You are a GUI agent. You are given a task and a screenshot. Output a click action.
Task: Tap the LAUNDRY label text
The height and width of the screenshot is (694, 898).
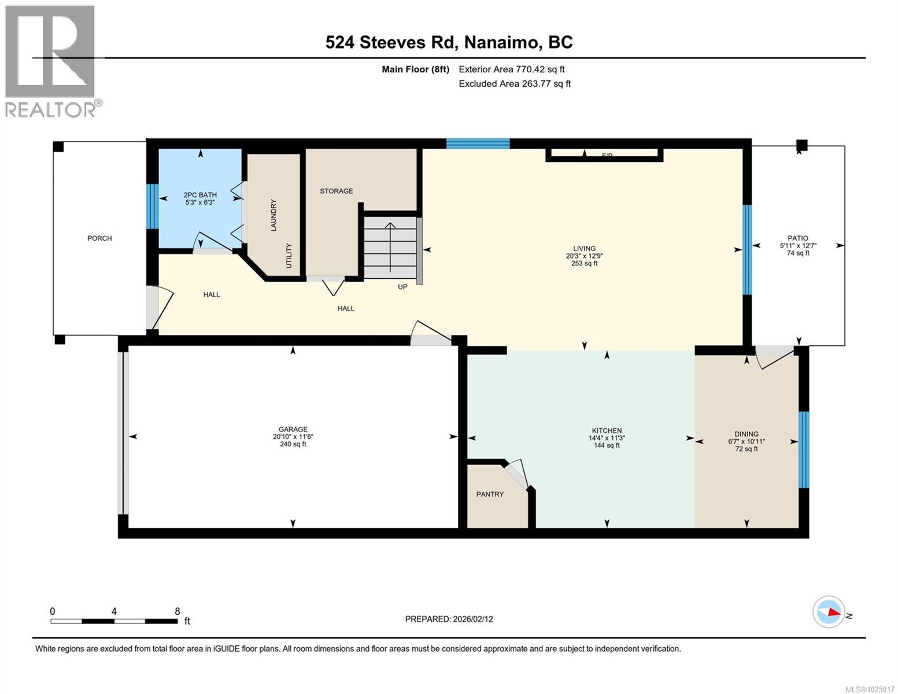274,215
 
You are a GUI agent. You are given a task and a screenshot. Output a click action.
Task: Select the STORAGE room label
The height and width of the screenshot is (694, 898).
336,191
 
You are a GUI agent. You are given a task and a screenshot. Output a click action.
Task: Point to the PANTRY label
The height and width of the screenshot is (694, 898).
490,494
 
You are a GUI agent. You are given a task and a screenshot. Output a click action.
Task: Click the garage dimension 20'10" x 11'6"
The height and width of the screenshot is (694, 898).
293,437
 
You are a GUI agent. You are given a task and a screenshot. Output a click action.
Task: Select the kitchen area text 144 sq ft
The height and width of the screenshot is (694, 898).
607,445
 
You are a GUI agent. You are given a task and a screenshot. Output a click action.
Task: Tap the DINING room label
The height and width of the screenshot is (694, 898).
747,434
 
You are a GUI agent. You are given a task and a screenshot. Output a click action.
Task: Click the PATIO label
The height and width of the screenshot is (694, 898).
797,238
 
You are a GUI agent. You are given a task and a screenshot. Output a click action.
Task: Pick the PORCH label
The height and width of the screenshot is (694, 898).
99,238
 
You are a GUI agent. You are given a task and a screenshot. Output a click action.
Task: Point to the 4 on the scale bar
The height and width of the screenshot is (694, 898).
114,611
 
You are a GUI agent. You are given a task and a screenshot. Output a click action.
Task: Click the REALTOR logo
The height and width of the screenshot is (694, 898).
50,61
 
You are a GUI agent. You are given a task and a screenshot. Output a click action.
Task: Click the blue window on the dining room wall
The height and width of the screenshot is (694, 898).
804,449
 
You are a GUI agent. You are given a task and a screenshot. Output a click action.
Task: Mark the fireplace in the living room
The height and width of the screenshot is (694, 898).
604,154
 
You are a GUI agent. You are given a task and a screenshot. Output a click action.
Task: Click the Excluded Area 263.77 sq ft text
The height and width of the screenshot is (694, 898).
515,84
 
